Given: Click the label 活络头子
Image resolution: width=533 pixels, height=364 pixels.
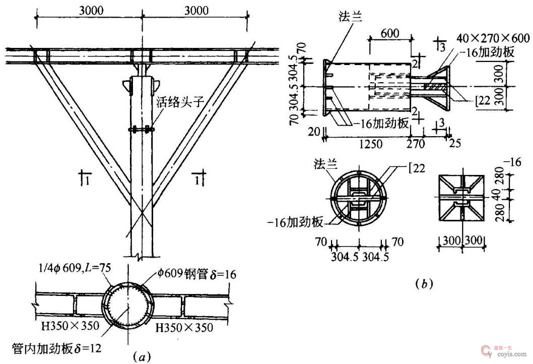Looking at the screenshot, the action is (180, 102).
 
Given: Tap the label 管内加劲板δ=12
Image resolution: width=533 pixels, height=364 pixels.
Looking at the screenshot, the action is (57, 349).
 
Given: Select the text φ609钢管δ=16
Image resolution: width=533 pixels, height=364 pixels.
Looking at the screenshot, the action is (196, 274).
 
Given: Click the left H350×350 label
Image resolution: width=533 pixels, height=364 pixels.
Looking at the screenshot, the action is (71, 326).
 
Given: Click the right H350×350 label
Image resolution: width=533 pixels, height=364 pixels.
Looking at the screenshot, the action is (184, 328).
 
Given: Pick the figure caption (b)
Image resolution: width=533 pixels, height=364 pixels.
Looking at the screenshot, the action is (424, 284).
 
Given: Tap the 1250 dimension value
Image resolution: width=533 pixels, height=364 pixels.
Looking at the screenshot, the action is (370, 144).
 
